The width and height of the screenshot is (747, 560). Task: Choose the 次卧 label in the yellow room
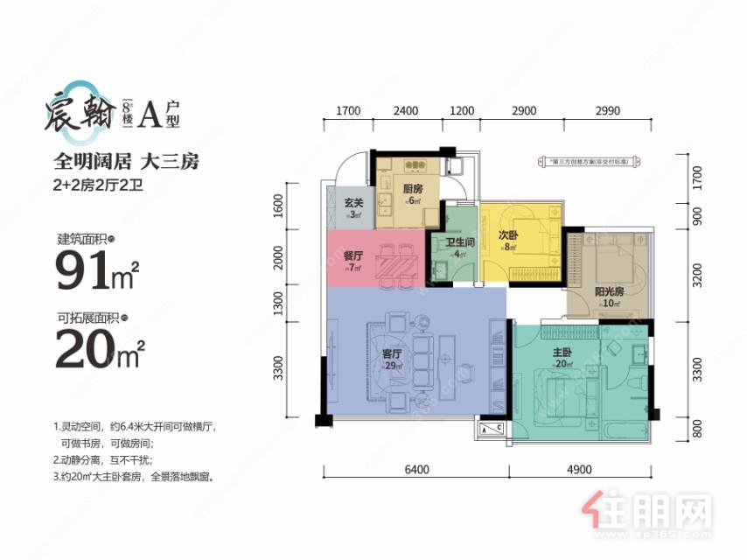pos(509,236)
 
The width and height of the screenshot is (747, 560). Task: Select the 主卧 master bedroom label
pos(562,354)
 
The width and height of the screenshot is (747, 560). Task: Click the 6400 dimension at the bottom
pos(416,470)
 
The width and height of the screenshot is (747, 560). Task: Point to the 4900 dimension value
pos(581,470)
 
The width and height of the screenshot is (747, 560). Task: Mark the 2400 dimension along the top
pos(406,111)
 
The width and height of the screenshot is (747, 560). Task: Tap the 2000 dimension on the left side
pos(277,259)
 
